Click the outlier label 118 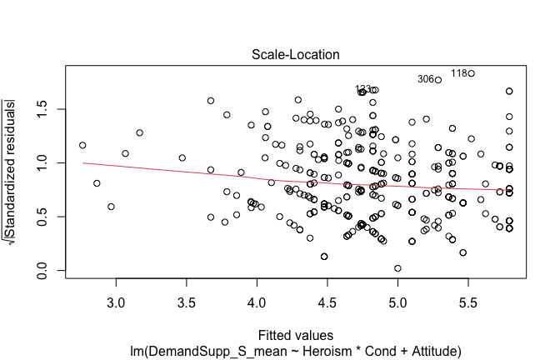[459, 73]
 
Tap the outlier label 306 [426, 79]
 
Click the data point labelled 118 [472, 73]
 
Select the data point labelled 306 [438, 80]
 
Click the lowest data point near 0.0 [398, 268]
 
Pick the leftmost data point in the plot [82, 145]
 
